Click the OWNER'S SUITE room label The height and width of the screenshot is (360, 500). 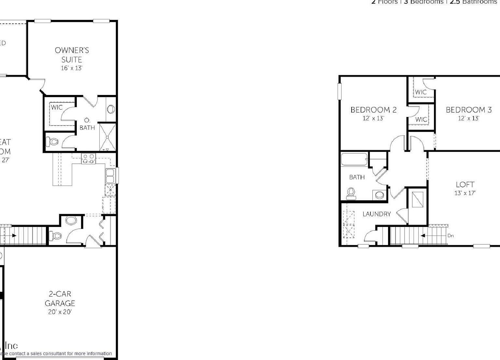[72, 55]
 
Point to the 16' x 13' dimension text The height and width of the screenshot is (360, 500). [72, 68]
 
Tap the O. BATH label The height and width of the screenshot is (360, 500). [87, 125]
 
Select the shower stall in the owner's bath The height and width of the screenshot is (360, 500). [107, 137]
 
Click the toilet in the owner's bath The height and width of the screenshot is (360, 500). [53, 142]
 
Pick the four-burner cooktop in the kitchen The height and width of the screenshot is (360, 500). [89, 158]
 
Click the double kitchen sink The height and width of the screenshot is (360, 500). [110, 176]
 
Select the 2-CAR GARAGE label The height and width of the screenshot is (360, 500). [60, 299]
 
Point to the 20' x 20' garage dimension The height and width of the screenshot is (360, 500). [60, 312]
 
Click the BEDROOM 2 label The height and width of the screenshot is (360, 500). [373, 110]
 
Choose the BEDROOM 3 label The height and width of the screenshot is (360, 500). [468, 110]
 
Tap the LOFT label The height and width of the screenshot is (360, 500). [465, 185]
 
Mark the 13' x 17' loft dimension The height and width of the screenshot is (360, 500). [465, 193]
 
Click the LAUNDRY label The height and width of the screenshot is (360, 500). [377, 214]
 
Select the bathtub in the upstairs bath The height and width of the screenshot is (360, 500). [354, 160]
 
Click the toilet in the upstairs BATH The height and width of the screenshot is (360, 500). [351, 193]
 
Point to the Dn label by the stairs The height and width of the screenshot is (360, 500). [451, 236]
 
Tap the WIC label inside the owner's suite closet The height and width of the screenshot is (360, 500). [57, 107]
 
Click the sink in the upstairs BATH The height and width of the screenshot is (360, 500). [380, 195]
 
